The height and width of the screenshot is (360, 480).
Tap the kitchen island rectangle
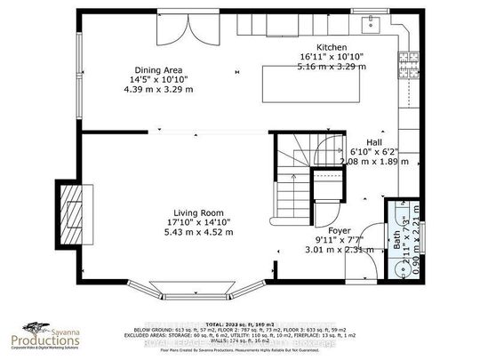pyautogui.click(x=313, y=85)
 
